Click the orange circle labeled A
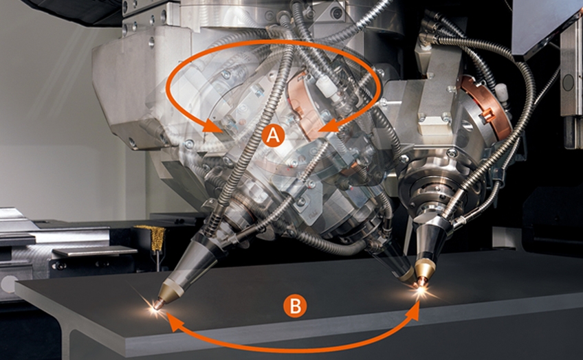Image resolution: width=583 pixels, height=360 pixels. [x=274, y=136]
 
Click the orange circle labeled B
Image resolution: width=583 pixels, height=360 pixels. [x=295, y=306]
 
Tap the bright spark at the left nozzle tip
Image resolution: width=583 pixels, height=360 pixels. [x=155, y=308]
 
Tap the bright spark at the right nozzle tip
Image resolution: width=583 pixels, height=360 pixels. [x=421, y=289]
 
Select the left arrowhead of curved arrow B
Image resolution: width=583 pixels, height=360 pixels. [x=175, y=322]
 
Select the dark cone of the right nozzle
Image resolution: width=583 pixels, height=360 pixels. [x=427, y=240]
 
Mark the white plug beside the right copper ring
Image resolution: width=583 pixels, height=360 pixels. [x=501, y=93]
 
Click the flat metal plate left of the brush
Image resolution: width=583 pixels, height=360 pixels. [x=95, y=251]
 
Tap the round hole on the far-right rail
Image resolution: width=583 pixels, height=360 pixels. [x=569, y=82]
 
